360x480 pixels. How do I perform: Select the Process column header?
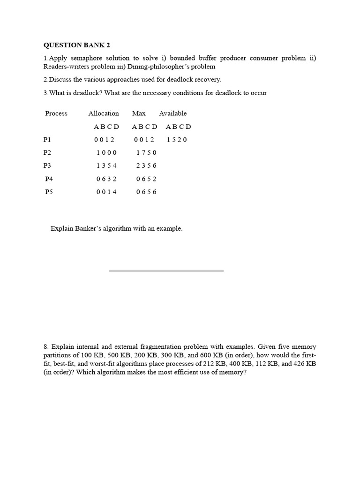[56, 113]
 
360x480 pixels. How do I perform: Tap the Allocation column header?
[104, 113]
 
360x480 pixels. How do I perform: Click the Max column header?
[139, 113]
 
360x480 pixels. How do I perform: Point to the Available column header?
[172, 113]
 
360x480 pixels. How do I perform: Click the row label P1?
[47, 140]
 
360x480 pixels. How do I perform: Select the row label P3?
[47, 165]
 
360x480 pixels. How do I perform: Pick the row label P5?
[49, 192]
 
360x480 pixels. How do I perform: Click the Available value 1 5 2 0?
[177, 140]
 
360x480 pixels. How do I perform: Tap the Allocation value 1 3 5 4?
[106, 165]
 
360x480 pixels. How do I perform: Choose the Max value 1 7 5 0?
[146, 153]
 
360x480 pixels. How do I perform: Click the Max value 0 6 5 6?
[146, 192]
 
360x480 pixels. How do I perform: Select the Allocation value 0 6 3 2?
[106, 179]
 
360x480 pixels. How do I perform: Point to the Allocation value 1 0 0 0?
[106, 153]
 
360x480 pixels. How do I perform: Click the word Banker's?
[91, 229]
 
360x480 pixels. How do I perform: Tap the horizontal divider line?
[166, 270]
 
